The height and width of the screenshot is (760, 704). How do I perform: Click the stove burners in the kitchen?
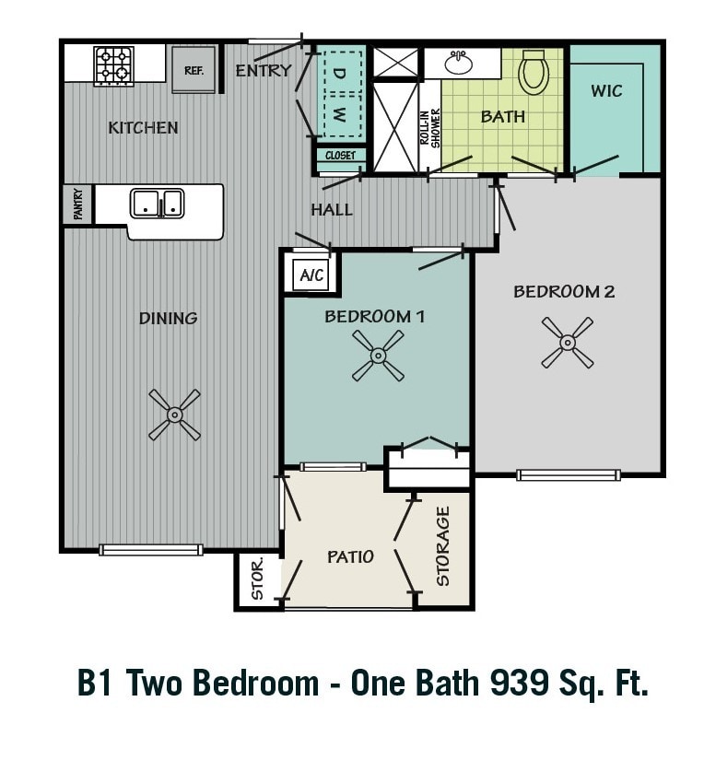coord(113,65)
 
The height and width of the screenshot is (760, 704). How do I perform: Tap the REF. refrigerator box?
coord(194,70)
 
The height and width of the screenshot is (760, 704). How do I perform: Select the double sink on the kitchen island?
coord(157,203)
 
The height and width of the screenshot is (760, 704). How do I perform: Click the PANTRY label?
coord(77,204)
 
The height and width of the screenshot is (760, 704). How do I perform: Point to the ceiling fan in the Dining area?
coord(174,415)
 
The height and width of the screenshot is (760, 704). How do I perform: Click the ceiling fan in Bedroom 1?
coord(378,356)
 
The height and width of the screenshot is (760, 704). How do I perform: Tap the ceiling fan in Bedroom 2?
coord(567,343)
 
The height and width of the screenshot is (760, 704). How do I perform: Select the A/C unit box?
coord(311,275)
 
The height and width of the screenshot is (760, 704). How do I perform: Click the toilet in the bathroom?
coord(533,72)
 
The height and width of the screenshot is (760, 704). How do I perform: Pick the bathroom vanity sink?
coord(458,63)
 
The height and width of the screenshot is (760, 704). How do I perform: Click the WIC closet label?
coord(606,90)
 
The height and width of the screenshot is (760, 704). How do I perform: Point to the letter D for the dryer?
coord(339,72)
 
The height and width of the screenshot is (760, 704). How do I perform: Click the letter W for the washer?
coord(339,115)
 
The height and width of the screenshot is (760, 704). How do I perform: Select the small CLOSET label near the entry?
coord(341,156)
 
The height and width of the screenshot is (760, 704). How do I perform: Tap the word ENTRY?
coord(263,70)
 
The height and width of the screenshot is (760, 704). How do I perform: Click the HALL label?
coord(331,209)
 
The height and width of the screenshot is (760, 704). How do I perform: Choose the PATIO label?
coord(350,556)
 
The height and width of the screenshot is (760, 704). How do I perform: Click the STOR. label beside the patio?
coord(257,579)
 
